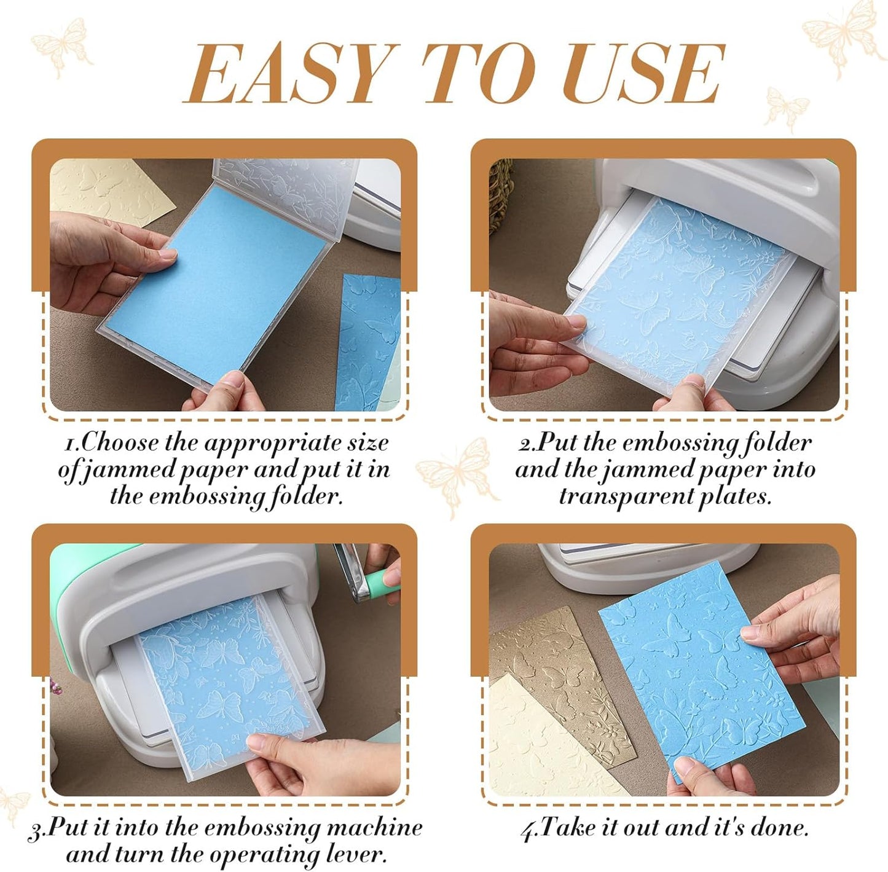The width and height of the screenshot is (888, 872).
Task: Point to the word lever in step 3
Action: pos(358,854)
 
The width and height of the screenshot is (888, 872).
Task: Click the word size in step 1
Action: pos(367,442)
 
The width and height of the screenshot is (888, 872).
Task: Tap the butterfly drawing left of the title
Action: pos(61,46)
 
